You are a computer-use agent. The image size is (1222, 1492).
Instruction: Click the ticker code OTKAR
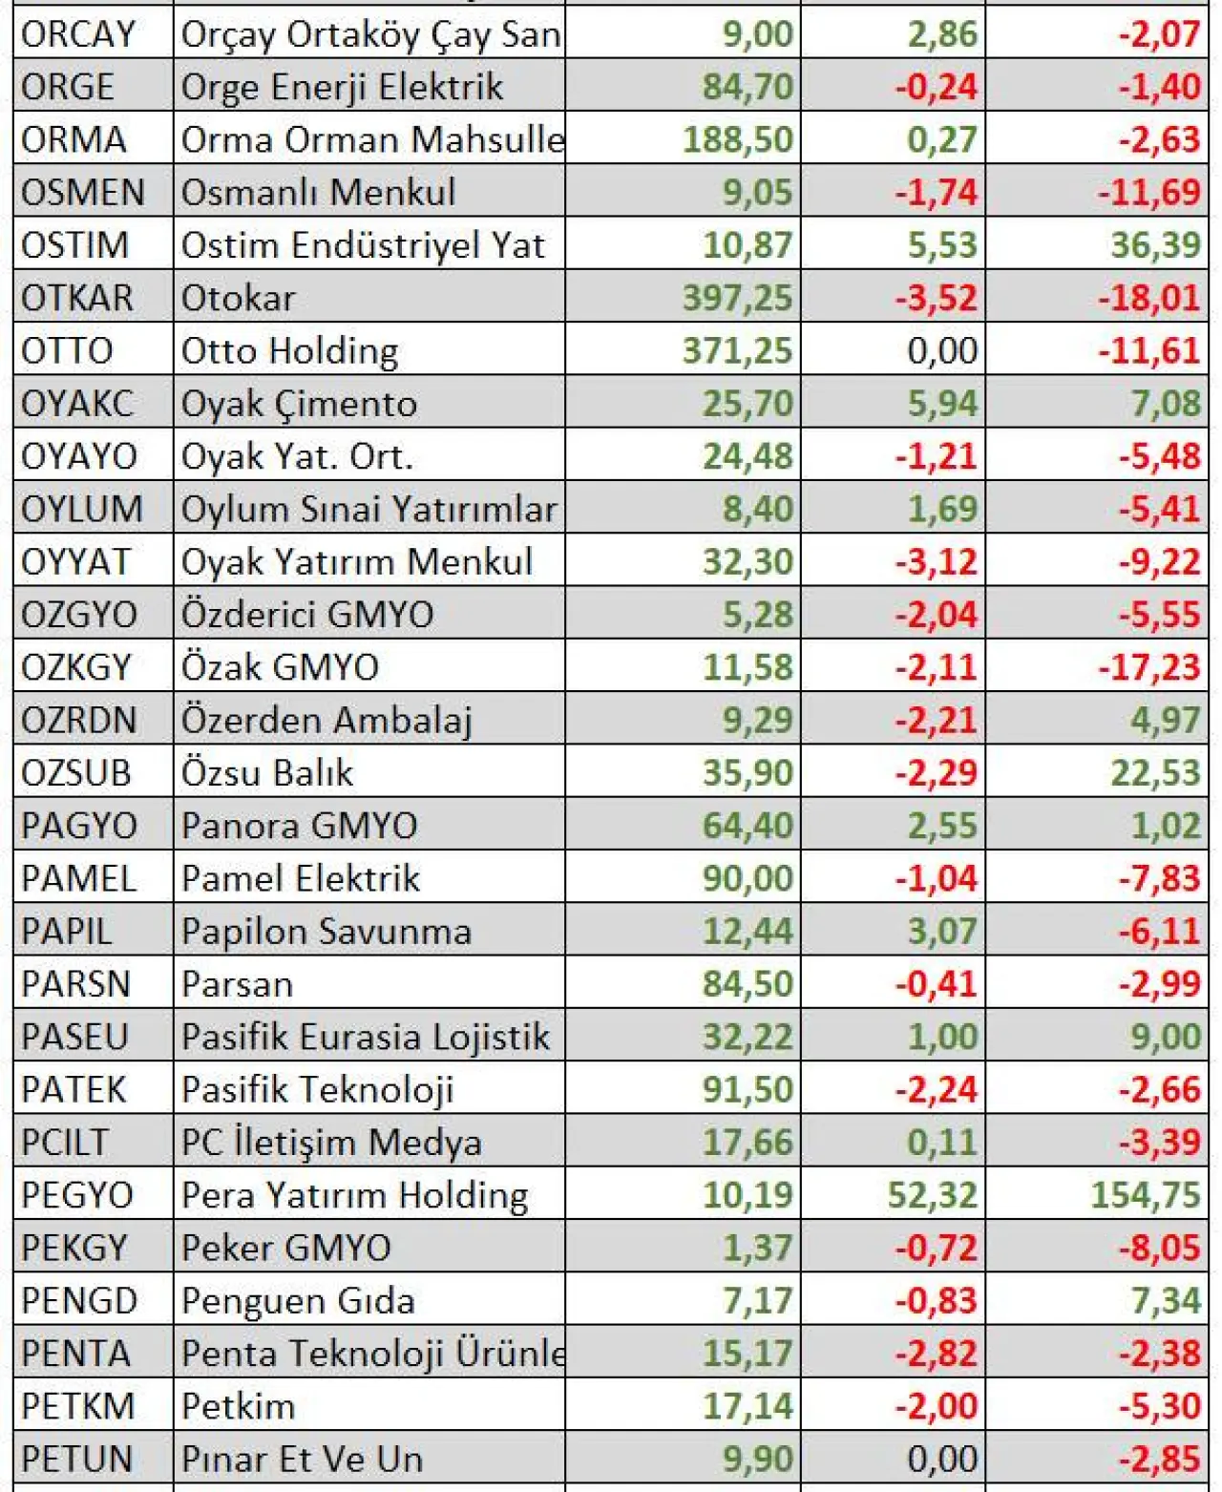coord(77,298)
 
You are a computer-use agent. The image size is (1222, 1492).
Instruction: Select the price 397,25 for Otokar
coord(737,298)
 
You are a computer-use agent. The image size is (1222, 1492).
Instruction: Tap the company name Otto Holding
coord(289,351)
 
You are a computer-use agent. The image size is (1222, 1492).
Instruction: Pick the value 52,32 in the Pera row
coord(932,1195)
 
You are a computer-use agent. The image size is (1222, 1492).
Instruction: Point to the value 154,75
coord(1146,1195)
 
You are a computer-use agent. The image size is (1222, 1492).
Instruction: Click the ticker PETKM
coord(77,1406)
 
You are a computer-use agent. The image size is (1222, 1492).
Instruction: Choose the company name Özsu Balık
coord(267,773)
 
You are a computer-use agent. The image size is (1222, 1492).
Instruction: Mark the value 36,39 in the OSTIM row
coord(1155,245)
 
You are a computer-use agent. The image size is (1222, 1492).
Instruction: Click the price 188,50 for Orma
coord(737,139)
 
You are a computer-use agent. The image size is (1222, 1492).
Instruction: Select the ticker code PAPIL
coord(66,932)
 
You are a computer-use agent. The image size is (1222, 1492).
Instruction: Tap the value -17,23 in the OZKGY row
coord(1148,667)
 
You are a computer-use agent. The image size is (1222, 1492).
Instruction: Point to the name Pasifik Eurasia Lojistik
coord(366,1037)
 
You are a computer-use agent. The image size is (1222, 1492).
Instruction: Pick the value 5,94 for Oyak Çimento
coord(942,404)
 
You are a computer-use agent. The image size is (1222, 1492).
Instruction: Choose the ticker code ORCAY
coord(78,34)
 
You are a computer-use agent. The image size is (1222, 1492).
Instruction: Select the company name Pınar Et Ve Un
coord(302,1459)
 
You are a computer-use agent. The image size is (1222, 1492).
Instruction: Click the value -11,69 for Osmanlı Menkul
coord(1148,193)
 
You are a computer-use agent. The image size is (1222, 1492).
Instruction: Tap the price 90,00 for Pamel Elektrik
coord(748,878)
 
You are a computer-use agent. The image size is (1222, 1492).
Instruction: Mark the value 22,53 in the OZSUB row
coord(1155,773)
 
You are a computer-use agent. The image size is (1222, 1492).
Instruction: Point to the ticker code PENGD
coord(79,1300)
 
